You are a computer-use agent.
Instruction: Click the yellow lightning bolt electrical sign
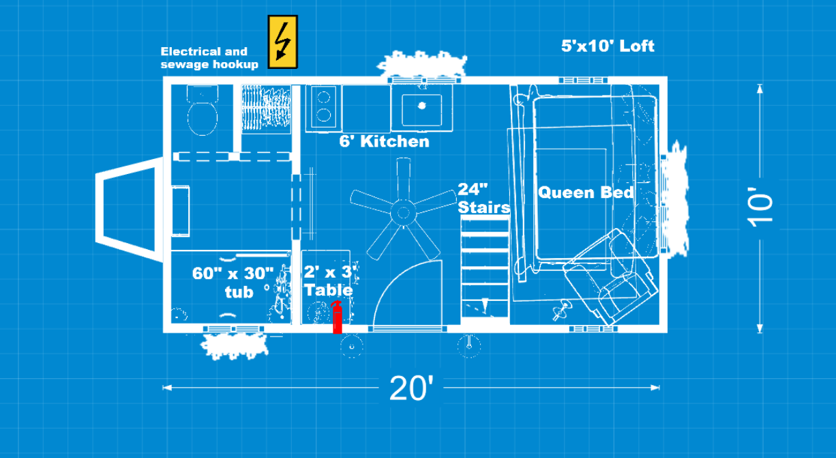(282, 42)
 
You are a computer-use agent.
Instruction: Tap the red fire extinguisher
(337, 317)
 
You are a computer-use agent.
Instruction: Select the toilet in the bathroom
(203, 110)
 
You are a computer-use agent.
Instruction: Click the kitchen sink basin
(421, 110)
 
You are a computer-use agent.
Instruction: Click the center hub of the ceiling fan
(403, 212)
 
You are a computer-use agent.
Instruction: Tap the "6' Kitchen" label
(384, 141)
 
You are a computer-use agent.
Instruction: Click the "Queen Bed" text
(586, 192)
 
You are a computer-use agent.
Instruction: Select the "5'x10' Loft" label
(608, 46)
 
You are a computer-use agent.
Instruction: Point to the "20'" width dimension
(411, 388)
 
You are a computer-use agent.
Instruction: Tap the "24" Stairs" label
(483, 199)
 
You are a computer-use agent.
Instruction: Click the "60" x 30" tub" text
(233, 283)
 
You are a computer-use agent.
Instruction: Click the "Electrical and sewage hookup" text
(209, 58)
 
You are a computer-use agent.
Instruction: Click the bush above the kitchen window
(422, 63)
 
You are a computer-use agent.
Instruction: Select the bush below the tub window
(234, 346)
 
